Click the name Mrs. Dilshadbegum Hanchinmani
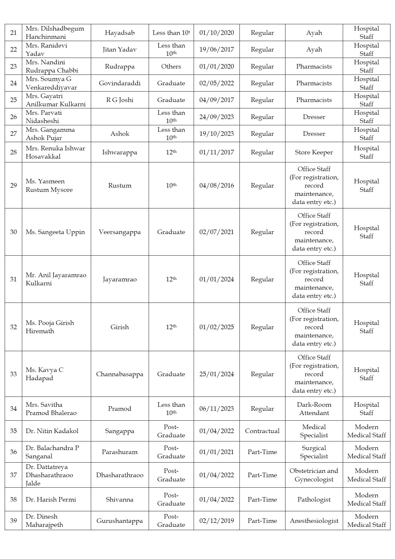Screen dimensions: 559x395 [55, 32]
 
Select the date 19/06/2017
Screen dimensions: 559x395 [217, 49]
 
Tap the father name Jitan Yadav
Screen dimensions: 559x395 [119, 49]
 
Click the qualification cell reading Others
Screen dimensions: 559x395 [171, 66]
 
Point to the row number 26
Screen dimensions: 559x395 [13, 117]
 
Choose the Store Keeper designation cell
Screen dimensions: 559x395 [314, 152]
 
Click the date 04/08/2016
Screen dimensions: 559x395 [217, 185]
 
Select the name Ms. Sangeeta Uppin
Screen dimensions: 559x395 [55, 232]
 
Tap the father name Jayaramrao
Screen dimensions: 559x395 [120, 279]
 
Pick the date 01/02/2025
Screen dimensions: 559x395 [217, 327]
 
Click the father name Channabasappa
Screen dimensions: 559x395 [120, 374]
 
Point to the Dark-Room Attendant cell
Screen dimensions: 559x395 [314, 409]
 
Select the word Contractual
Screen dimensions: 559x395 [262, 431]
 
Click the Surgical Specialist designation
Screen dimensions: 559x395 [314, 452]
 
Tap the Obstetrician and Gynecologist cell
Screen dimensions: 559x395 [314, 475]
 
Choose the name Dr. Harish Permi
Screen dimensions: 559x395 [51, 499]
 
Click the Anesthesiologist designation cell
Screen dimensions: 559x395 [314, 521]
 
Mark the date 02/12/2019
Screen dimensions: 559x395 [217, 521]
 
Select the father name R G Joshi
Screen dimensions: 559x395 [120, 100]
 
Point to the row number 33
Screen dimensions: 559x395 [13, 374]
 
